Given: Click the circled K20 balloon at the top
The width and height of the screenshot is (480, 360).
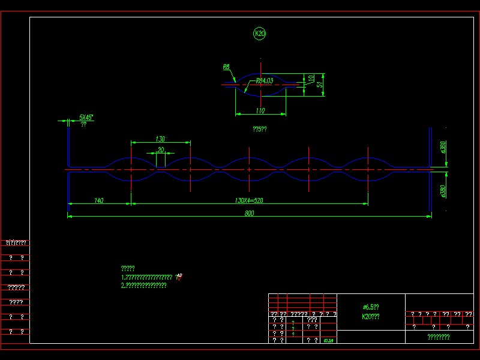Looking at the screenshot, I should (260, 34).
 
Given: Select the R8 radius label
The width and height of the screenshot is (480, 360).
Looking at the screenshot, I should (226, 67).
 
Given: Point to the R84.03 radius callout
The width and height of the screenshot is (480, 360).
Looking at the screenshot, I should (265, 80).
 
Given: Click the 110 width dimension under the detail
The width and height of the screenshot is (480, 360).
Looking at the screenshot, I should (260, 110).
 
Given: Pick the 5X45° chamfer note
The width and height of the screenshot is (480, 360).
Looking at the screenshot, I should (86, 118).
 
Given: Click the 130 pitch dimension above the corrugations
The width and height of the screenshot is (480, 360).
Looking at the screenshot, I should (160, 139).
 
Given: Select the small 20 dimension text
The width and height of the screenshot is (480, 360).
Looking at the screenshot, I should (160, 149).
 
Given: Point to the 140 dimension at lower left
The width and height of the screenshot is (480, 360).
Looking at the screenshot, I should (99, 200).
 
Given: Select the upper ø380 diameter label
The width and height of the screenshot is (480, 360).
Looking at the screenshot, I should (443, 147).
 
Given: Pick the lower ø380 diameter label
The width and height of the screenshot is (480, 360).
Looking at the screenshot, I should (443, 190).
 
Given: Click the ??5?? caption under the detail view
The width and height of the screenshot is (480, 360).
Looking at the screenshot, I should (260, 128).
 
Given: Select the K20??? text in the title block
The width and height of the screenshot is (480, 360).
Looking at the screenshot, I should (371, 316).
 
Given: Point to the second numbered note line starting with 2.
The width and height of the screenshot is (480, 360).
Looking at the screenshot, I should (143, 286).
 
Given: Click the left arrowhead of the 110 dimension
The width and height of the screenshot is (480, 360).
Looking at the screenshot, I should (236, 113).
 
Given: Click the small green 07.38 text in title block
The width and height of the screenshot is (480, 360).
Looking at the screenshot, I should (328, 341).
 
